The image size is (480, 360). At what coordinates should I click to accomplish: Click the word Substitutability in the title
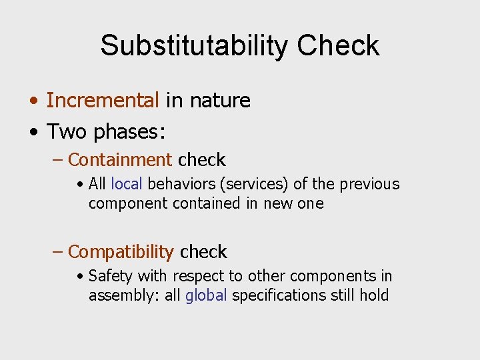(194, 45)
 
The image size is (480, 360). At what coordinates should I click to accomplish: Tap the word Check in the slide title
(338, 45)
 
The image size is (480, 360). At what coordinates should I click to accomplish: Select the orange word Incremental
(103, 100)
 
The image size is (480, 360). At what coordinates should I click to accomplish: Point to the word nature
(220, 100)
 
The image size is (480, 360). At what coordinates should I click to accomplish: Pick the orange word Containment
(120, 160)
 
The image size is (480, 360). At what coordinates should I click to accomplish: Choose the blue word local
(127, 184)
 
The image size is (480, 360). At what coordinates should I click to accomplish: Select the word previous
(369, 184)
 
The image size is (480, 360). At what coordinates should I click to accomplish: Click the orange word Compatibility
(121, 252)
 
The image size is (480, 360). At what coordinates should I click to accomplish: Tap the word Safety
(110, 276)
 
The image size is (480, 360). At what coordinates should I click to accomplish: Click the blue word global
(206, 295)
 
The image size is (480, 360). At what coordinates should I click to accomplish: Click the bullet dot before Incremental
(34, 101)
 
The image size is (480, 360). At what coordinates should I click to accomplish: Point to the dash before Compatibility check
(58, 252)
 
